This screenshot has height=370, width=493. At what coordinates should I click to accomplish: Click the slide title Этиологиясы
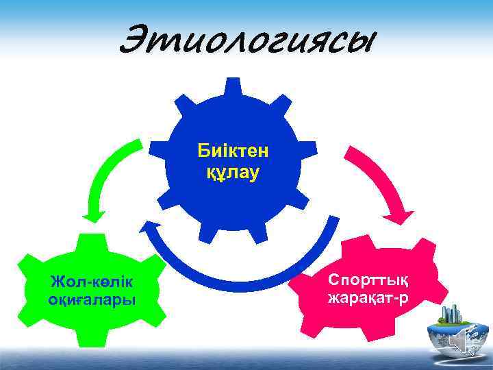pyautogui.click(x=247, y=40)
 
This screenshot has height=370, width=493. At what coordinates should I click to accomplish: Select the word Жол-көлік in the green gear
pyautogui.click(x=92, y=282)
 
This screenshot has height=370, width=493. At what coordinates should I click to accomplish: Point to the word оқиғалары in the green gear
pyautogui.click(x=92, y=299)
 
